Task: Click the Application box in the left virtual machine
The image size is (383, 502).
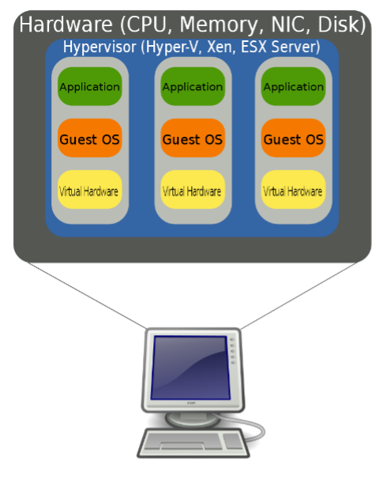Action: click(89, 87)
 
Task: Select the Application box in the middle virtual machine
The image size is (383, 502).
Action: click(192, 87)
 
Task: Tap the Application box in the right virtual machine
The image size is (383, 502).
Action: click(293, 87)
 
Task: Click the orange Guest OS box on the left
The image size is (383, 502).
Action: click(89, 139)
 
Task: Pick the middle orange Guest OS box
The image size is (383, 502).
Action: click(192, 139)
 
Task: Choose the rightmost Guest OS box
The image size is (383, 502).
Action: click(293, 139)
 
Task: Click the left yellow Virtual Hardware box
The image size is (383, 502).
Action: click(89, 191)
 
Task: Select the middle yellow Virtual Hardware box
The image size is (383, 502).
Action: click(192, 191)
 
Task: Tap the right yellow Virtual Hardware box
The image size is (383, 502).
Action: click(293, 191)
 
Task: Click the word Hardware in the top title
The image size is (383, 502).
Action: click(63, 25)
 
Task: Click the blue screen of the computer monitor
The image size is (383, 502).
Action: click(189, 368)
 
